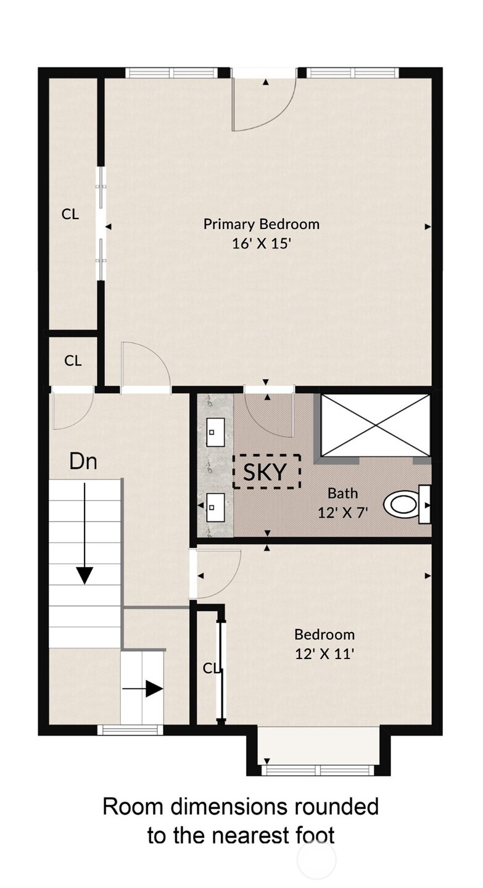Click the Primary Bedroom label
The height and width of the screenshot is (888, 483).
click(262, 225)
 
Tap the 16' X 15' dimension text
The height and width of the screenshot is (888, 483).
click(262, 243)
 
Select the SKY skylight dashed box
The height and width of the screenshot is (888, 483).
click(266, 471)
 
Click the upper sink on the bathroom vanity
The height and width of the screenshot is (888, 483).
click(215, 433)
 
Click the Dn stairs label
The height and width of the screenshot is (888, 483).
click(83, 462)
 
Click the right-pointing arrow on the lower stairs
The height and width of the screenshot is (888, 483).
click(142, 689)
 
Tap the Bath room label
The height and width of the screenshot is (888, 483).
click(343, 494)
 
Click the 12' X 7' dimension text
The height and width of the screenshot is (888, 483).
click(343, 513)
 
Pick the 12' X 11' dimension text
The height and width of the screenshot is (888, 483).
click(324, 654)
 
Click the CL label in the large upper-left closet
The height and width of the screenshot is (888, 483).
click(70, 215)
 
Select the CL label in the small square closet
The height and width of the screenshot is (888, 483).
click(73, 361)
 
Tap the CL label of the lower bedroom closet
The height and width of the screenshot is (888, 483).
click(211, 668)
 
